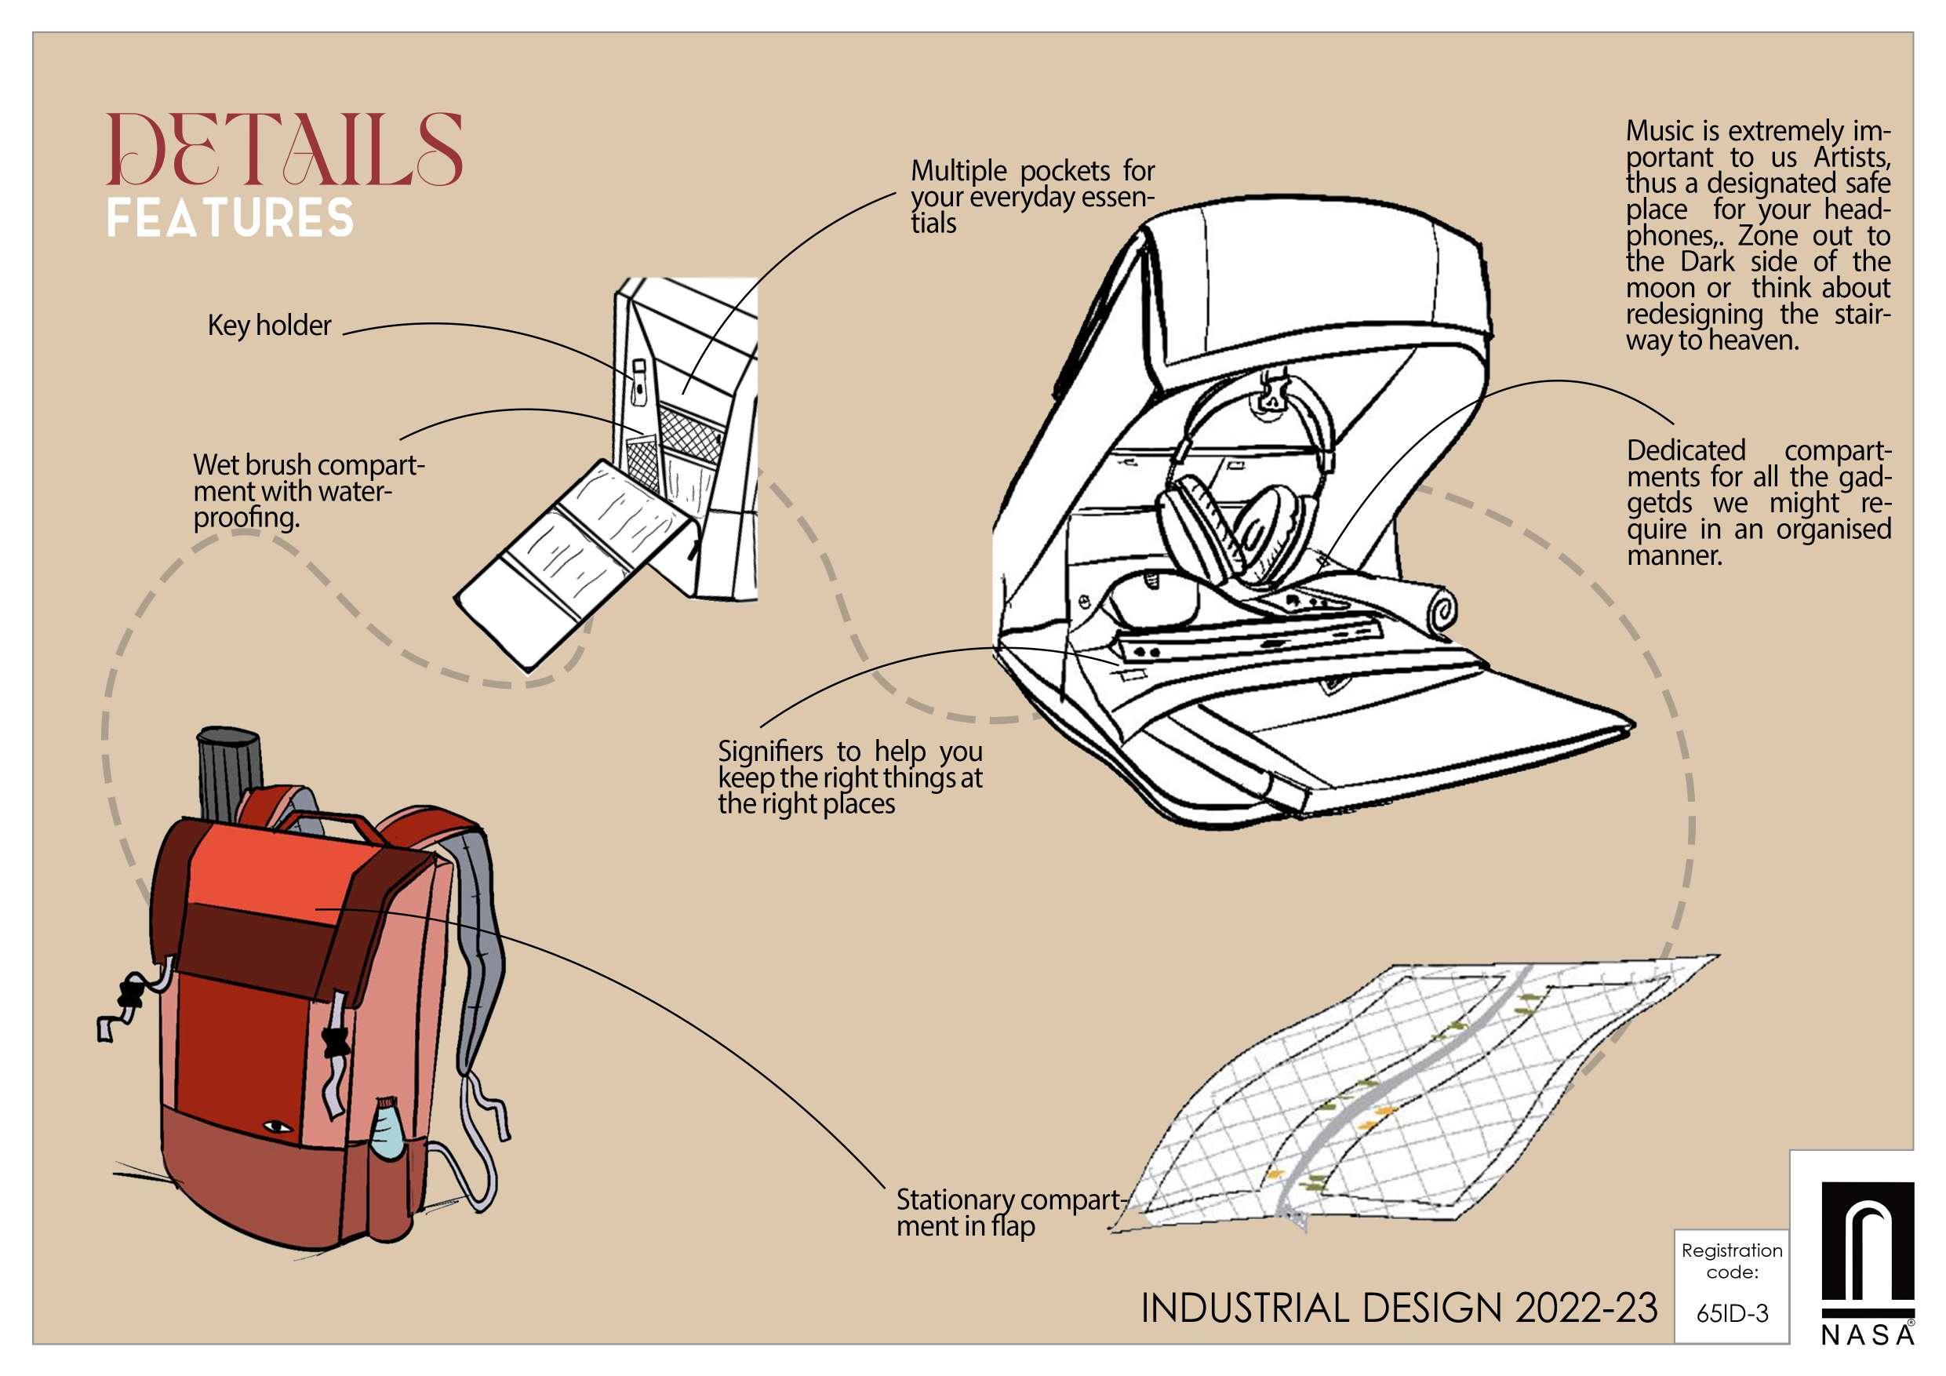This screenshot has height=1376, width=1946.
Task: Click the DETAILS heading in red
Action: click(285, 151)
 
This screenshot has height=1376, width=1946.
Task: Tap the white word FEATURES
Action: click(230, 219)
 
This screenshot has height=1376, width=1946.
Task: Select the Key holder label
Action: click(269, 326)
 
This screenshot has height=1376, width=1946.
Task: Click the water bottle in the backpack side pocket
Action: click(389, 1132)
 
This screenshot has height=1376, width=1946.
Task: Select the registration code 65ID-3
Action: click(1732, 1313)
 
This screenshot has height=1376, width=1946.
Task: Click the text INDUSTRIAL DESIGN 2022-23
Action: click(1399, 1309)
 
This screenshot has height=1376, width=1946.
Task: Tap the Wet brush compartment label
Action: click(308, 491)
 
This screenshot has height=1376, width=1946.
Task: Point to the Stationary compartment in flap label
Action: click(1009, 1212)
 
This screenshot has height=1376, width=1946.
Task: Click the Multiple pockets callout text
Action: click(1031, 197)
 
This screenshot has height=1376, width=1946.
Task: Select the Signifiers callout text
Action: click(849, 777)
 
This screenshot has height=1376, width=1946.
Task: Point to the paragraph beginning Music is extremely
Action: click(1757, 235)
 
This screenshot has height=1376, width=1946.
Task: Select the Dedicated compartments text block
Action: click(1758, 502)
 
